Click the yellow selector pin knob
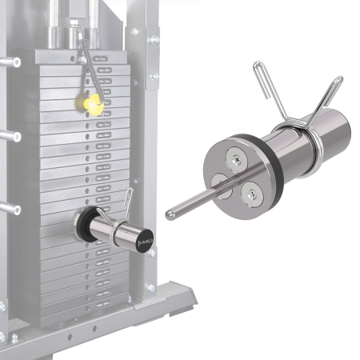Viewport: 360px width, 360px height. (x=92, y=103)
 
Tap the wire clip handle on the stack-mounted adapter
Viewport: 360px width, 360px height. (x=126, y=198)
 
